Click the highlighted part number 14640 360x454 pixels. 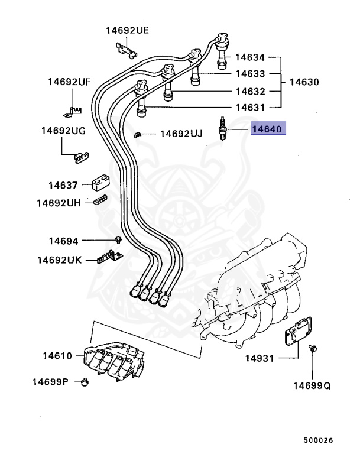coord(269,129)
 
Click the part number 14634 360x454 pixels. coord(250,58)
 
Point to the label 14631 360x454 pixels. coord(250,108)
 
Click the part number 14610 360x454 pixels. coord(57,356)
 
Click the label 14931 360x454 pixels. coord(261,358)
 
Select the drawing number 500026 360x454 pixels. coord(319,440)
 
